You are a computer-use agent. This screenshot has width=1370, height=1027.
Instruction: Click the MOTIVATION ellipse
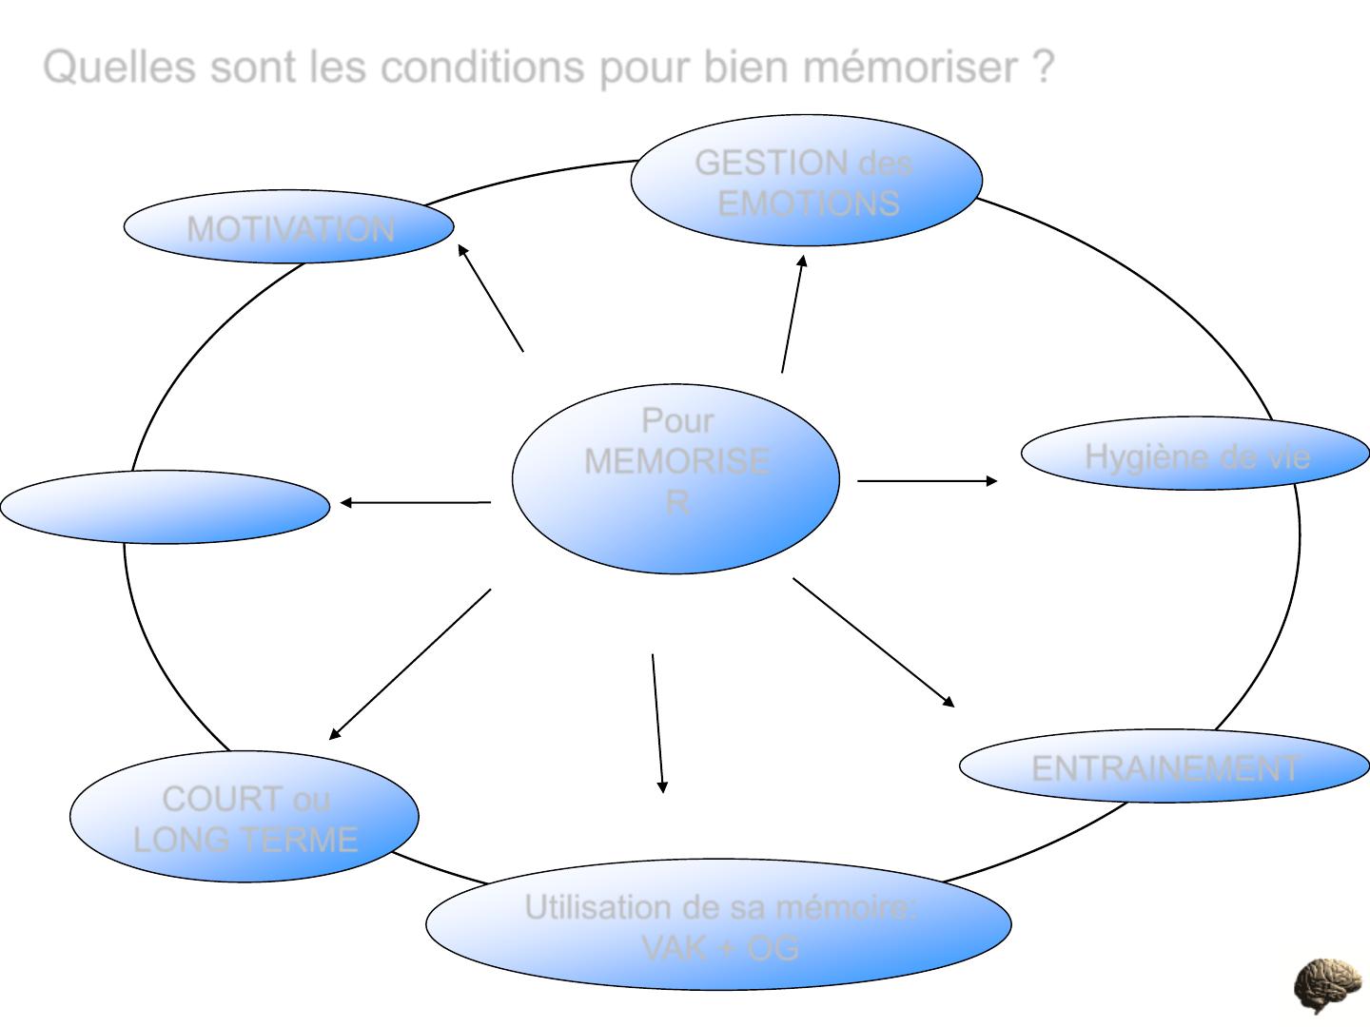click(289, 228)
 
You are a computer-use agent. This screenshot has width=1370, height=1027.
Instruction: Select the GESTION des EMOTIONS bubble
click(805, 182)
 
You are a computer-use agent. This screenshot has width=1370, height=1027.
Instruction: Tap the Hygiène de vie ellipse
click(1196, 455)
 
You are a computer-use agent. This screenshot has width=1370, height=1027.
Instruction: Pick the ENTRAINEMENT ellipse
click(1164, 766)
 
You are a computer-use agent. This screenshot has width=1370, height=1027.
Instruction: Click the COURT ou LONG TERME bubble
click(245, 819)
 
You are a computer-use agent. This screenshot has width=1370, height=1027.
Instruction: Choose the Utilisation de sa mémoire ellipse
click(718, 927)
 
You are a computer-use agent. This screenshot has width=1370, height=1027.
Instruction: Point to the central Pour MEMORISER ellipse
click(675, 478)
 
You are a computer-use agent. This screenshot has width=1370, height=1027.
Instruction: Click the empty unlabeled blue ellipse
click(166, 507)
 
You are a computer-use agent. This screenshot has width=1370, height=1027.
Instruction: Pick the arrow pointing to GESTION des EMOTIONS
click(792, 314)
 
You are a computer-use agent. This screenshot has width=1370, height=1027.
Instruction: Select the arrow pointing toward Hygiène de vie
click(927, 481)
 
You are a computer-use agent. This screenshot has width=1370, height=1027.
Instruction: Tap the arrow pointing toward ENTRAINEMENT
click(873, 642)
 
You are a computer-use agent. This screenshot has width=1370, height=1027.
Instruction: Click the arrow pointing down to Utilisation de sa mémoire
click(657, 723)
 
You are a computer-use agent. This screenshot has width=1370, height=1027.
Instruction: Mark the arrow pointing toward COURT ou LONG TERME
click(410, 664)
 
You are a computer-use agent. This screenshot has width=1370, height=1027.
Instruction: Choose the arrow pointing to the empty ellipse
click(415, 502)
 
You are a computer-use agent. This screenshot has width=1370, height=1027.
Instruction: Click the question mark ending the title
click(1043, 68)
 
